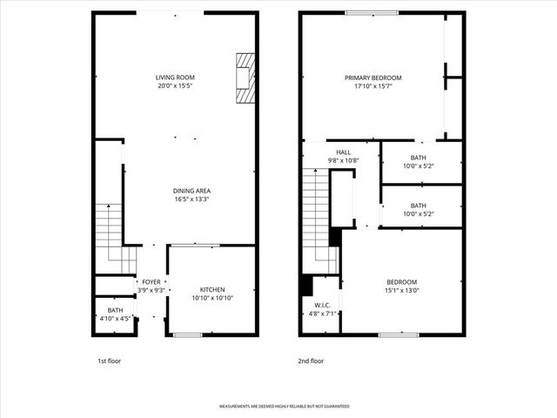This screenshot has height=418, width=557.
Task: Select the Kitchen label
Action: pos(212,290)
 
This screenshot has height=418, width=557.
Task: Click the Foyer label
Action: pos(151,282)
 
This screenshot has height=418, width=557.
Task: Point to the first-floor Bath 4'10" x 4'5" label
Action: pos(115,311)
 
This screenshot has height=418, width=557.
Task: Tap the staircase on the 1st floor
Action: pos(109,235)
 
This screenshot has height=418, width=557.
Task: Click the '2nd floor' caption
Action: pos(311,361)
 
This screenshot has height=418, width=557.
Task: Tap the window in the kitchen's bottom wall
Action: pos(187,335)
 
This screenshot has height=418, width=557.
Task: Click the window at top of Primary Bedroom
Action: pos(372,12)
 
